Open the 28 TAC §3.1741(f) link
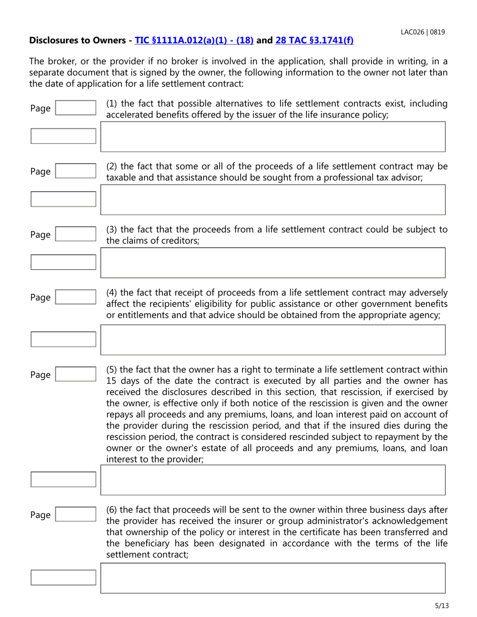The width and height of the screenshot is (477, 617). click(x=315, y=40)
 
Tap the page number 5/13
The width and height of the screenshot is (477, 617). click(x=441, y=606)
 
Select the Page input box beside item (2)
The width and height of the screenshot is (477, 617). click(x=75, y=172)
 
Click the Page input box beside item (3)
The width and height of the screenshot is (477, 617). click(x=75, y=234)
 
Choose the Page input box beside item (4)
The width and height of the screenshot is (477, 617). click(x=75, y=297)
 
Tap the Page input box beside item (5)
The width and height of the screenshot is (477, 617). click(x=75, y=375)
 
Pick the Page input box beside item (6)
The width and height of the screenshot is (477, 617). click(x=75, y=515)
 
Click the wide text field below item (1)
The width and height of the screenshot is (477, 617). click(x=273, y=136)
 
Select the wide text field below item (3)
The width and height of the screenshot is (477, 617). click(x=273, y=262)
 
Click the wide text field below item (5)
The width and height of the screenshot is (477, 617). click(x=273, y=480)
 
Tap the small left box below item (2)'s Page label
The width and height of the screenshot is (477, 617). click(x=63, y=199)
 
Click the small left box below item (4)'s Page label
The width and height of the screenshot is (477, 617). click(x=63, y=339)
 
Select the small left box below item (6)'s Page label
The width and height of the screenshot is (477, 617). click(x=63, y=577)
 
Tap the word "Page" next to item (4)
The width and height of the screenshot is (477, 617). click(x=40, y=298)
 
